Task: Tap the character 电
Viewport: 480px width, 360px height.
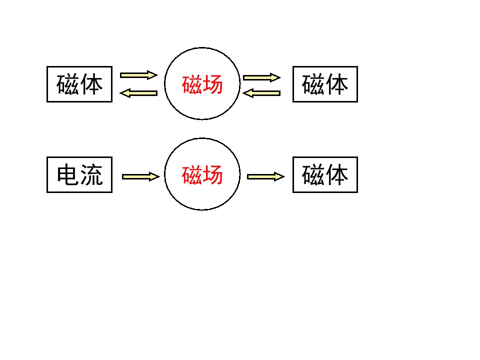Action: coord(68,174)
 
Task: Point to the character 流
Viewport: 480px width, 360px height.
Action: coord(91,174)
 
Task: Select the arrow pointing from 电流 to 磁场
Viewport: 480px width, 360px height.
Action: coord(141,176)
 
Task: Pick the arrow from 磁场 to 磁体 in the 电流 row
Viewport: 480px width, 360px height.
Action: coord(266,176)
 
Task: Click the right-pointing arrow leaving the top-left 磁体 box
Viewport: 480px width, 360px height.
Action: coord(139,75)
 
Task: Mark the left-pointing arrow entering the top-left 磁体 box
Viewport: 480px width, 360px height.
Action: coord(138,93)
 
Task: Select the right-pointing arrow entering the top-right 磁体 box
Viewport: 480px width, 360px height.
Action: coord(262,77)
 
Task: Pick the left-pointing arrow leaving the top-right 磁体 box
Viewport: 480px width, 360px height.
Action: coord(261,93)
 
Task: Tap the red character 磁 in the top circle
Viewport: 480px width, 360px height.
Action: coord(192,84)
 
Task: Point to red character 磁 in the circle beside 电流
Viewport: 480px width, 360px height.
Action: coord(192,175)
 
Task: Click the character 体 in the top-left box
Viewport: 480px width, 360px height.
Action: coord(91,84)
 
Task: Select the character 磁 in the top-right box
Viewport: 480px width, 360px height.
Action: coord(313,84)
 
